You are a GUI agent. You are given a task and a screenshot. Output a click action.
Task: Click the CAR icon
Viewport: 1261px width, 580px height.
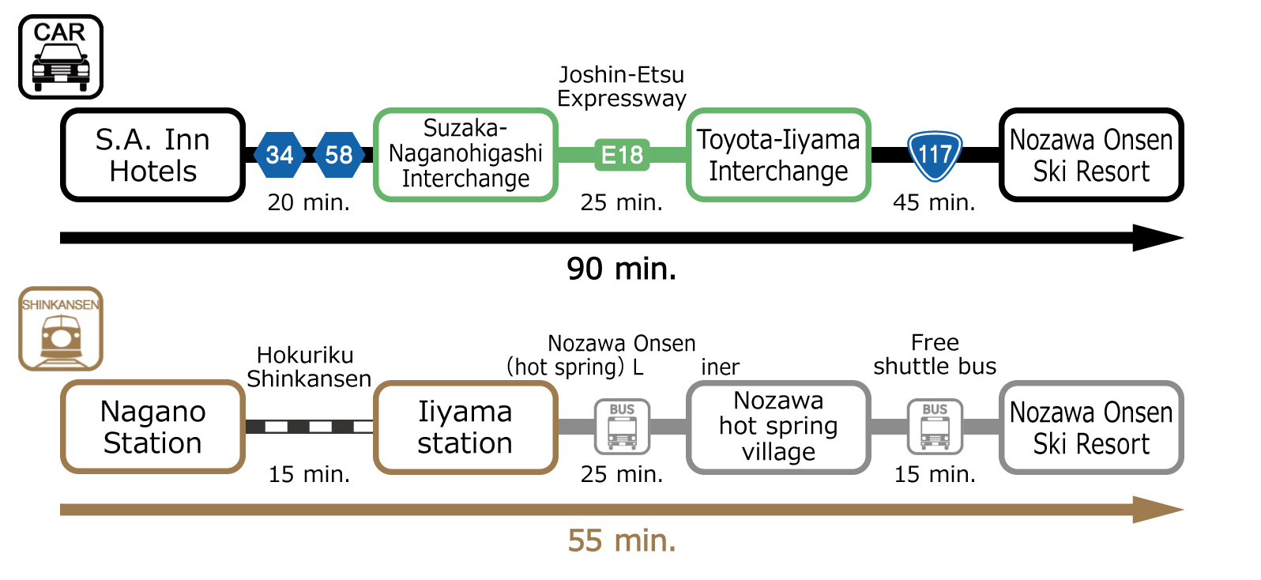61,57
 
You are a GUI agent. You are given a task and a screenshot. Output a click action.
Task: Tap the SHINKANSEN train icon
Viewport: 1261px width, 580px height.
61,329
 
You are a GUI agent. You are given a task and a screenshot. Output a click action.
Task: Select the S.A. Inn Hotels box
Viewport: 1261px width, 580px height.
152,155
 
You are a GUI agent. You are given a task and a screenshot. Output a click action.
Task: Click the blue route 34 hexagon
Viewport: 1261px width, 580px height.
280,155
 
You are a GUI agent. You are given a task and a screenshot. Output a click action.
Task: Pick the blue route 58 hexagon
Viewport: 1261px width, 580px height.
339,155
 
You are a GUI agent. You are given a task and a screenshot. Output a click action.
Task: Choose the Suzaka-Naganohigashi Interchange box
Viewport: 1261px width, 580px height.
465,154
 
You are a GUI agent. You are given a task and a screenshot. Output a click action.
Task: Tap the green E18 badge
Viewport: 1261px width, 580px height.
622,155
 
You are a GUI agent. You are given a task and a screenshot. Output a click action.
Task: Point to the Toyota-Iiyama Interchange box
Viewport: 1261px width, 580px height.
778,155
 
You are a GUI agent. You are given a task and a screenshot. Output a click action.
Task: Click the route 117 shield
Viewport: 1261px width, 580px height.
935,154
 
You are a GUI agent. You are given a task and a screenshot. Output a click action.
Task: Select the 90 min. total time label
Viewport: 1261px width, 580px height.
621,269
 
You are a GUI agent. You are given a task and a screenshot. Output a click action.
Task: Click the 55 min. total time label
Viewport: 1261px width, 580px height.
621,541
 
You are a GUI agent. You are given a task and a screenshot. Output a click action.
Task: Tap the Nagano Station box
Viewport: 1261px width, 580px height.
152,427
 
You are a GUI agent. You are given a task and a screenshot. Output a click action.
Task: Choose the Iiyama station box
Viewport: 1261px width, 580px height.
465,427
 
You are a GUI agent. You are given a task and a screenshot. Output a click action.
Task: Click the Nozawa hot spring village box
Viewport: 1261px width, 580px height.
778,427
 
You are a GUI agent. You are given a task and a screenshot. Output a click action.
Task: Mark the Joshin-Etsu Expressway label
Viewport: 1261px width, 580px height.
621,86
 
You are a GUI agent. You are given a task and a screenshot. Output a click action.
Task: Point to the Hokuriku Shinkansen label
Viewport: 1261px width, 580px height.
308,367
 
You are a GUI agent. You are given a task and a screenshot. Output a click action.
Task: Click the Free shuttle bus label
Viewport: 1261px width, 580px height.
935,354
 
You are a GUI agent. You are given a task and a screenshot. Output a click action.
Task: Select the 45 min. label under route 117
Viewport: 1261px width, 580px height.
934,203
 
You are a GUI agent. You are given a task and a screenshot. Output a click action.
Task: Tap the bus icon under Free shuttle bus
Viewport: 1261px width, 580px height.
935,427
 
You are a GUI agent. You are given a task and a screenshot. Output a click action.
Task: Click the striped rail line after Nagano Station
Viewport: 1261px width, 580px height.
309,427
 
